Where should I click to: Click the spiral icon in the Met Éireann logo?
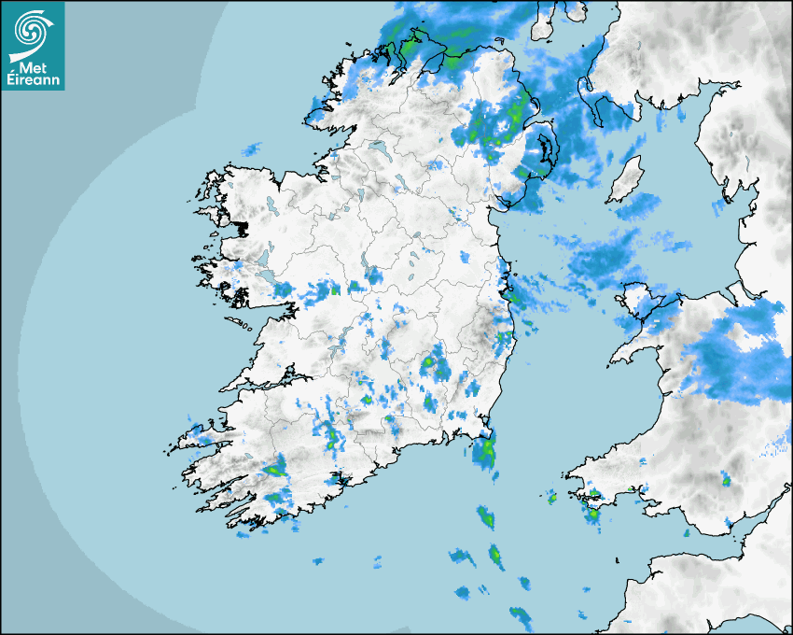click(x=32, y=31)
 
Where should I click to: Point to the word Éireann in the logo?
click(x=34, y=80)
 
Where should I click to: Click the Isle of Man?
click(x=624, y=180)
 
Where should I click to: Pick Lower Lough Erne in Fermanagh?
click(x=378, y=148)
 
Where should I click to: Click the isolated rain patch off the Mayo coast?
click(x=251, y=148)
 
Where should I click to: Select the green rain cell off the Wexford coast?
click(x=484, y=453)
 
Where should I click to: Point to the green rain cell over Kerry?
click(x=275, y=470)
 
